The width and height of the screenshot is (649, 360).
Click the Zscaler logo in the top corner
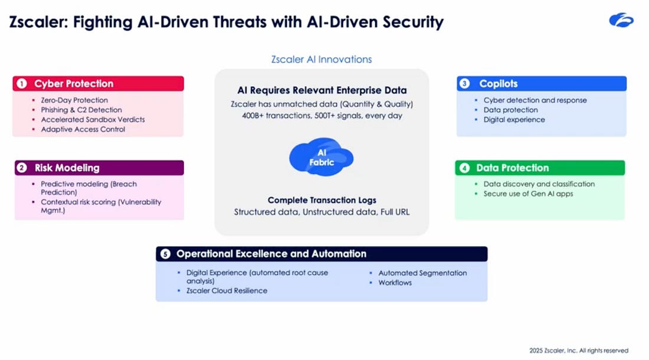[x=621, y=21]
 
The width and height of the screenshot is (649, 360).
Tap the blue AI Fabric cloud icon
[x=321, y=158]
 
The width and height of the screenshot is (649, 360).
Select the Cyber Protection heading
[x=74, y=84]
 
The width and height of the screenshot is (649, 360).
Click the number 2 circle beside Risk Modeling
[x=22, y=168]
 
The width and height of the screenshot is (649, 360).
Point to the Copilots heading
[x=498, y=84]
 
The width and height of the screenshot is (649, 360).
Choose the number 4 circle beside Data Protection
[x=464, y=168]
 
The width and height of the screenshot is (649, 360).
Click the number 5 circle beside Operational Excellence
[x=165, y=254]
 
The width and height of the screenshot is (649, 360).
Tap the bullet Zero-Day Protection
[x=74, y=100]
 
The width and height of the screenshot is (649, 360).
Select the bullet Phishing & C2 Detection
[x=81, y=110]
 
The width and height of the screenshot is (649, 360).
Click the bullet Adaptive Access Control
[x=83, y=129]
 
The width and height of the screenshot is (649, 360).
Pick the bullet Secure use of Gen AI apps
[x=528, y=194]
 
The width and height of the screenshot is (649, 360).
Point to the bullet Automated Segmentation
[x=422, y=273]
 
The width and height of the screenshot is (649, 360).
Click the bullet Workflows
[x=395, y=283]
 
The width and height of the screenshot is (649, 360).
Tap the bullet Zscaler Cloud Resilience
[x=227, y=290]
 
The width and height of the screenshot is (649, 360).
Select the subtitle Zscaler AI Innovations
[x=322, y=59]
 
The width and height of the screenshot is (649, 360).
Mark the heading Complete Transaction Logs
[x=322, y=200]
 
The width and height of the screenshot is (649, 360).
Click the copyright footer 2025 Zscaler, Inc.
[x=578, y=351]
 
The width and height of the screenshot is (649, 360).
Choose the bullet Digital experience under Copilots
[x=514, y=120]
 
